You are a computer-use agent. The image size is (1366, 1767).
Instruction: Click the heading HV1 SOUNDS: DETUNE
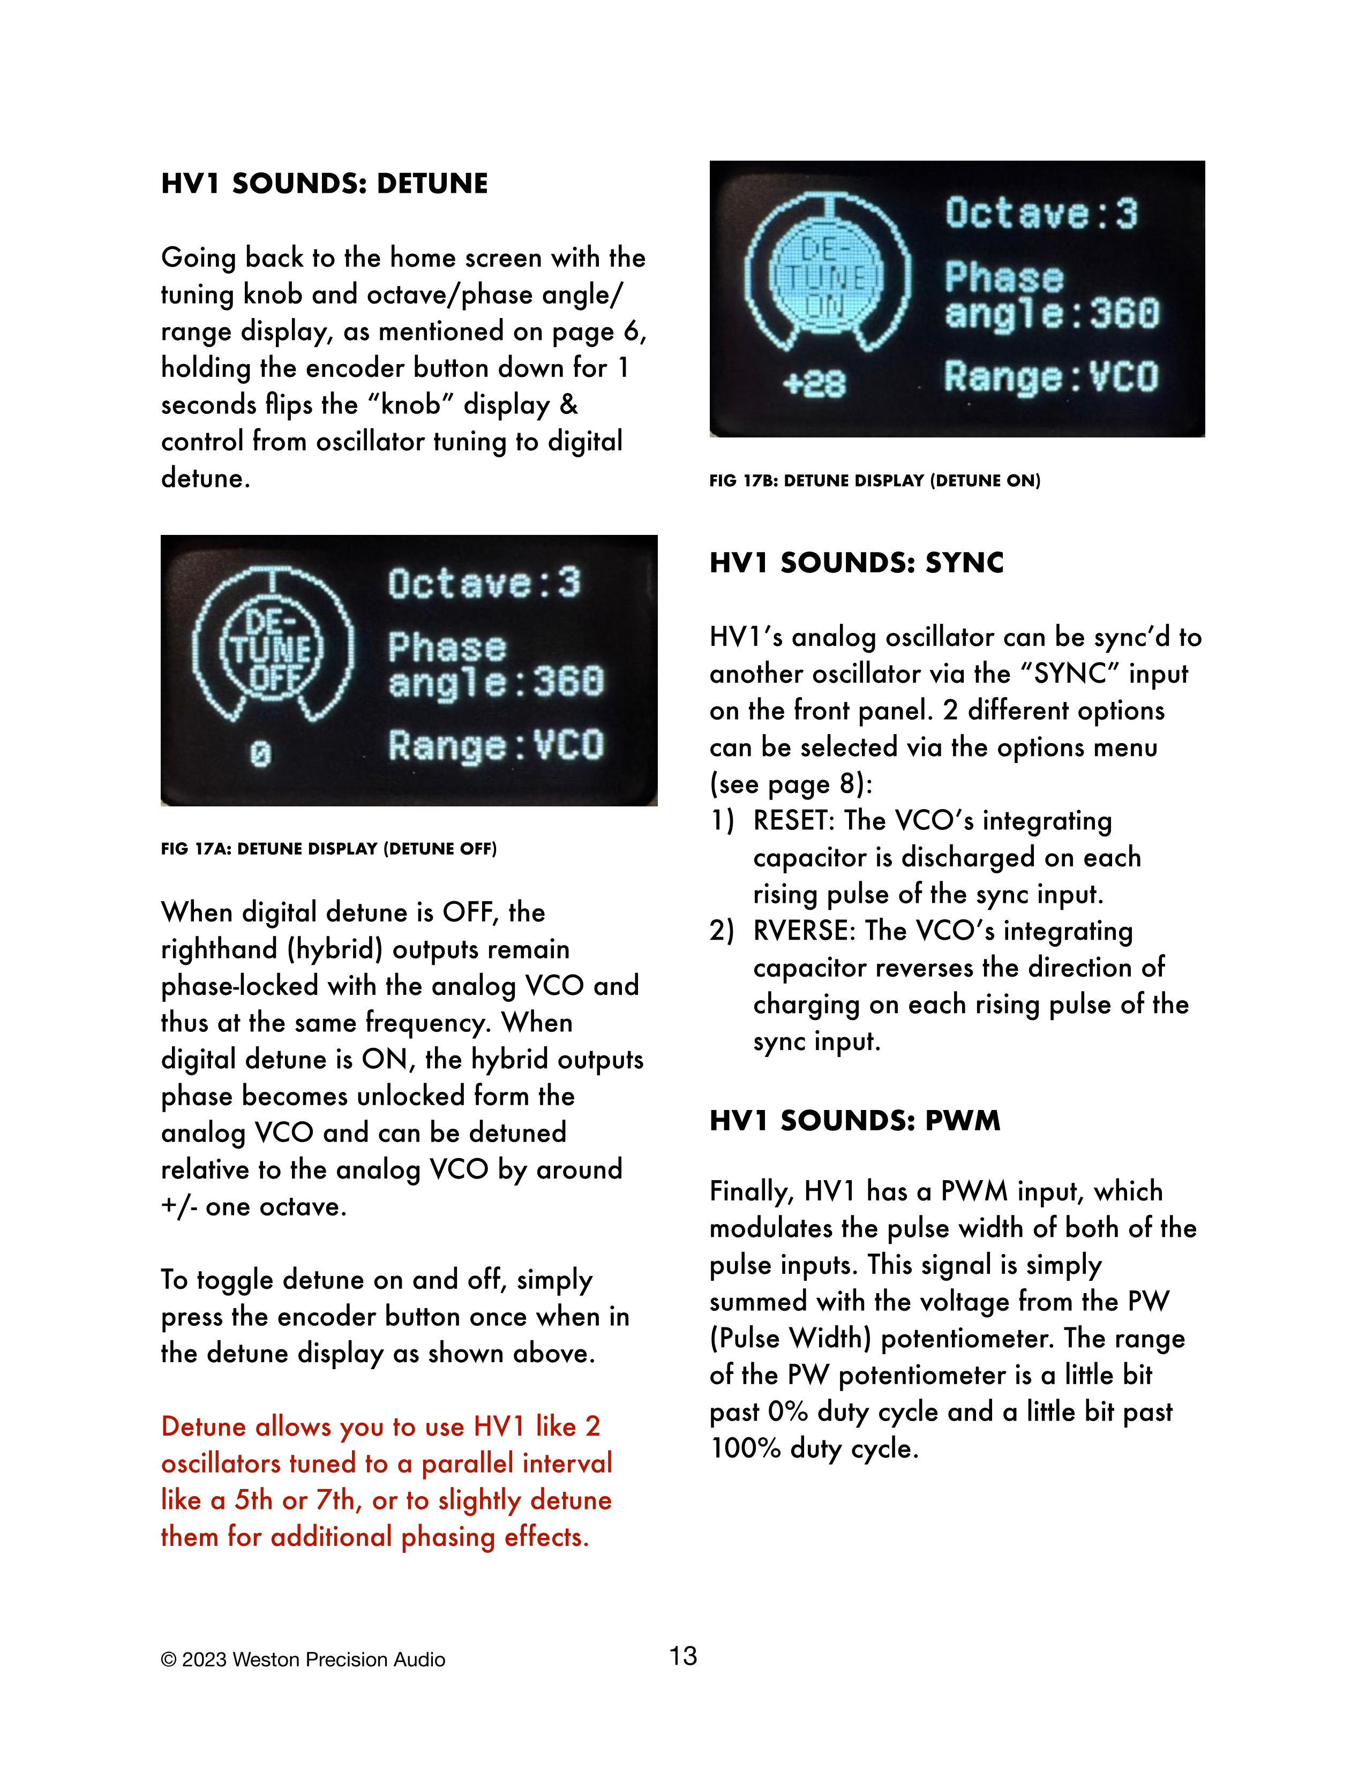(325, 184)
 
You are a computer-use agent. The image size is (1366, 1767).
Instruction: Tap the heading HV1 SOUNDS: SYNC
(856, 562)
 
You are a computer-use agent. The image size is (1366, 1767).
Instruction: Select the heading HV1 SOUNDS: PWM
(854, 1121)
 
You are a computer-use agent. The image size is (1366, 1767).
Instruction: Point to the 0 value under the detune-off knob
(260, 754)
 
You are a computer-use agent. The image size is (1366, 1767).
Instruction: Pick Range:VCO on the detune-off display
(496, 745)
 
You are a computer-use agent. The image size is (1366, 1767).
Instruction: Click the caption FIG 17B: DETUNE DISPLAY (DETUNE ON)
(875, 481)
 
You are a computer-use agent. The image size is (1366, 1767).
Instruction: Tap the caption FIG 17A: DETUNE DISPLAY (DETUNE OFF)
(328, 849)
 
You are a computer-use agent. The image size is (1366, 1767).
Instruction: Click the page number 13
(683, 1656)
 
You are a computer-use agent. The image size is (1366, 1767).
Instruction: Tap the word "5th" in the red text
(253, 1500)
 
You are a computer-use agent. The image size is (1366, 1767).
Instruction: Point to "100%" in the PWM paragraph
(745, 1448)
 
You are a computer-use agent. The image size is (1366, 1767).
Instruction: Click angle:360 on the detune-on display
(1052, 314)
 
